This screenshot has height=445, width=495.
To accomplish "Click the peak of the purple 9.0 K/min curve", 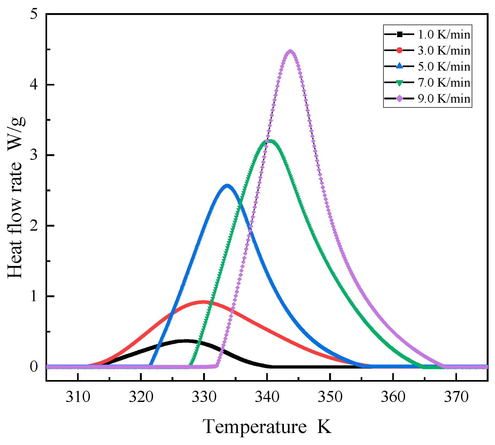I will (x=290, y=52).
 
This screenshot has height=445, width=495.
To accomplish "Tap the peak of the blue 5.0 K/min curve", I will (x=227, y=186).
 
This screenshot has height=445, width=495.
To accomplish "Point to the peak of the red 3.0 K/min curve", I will (x=203, y=302).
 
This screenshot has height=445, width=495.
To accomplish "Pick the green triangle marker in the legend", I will (x=399, y=83).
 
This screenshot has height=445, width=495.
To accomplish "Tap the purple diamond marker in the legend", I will (x=399, y=99).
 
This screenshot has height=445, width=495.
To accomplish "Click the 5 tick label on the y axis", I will (x=34, y=14).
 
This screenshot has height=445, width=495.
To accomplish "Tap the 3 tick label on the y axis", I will (x=34, y=155).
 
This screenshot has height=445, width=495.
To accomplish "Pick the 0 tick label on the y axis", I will (x=34, y=367).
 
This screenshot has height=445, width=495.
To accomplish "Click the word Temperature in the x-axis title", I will (x=254, y=427).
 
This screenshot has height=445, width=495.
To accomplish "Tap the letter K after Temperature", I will (x=324, y=427).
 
